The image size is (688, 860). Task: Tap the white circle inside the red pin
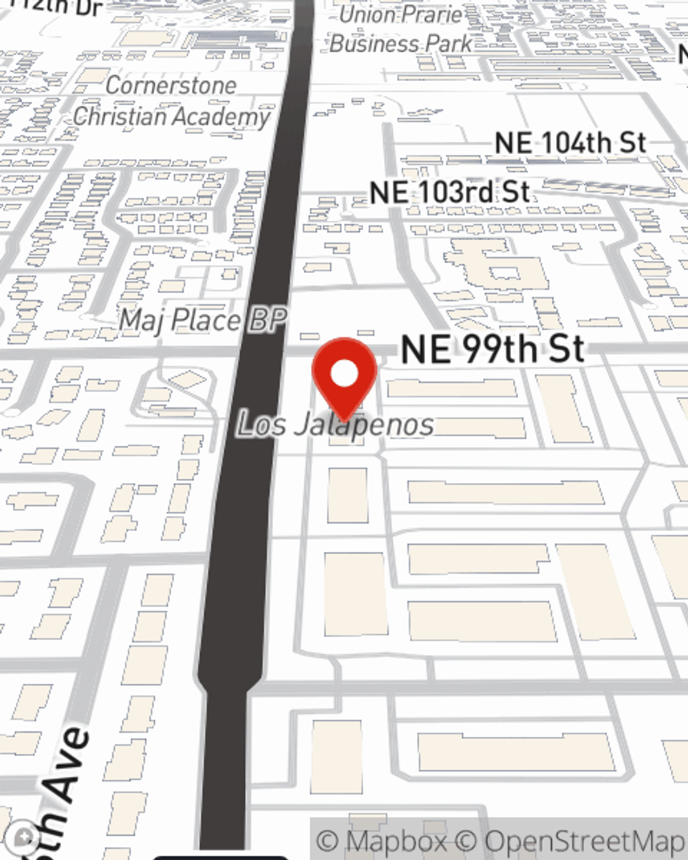click(x=344, y=374)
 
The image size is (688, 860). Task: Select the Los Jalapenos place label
click(x=336, y=424)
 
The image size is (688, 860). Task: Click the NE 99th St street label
click(x=493, y=350)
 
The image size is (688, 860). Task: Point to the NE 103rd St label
click(x=449, y=192)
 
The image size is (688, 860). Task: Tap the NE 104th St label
click(x=570, y=143)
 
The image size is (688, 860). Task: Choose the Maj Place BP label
click(x=203, y=321)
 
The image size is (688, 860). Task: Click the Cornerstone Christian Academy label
click(x=171, y=101)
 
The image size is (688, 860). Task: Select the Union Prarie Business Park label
click(x=401, y=29)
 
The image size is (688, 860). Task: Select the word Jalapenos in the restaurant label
click(x=365, y=424)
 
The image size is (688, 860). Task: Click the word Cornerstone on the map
click(x=171, y=85)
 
